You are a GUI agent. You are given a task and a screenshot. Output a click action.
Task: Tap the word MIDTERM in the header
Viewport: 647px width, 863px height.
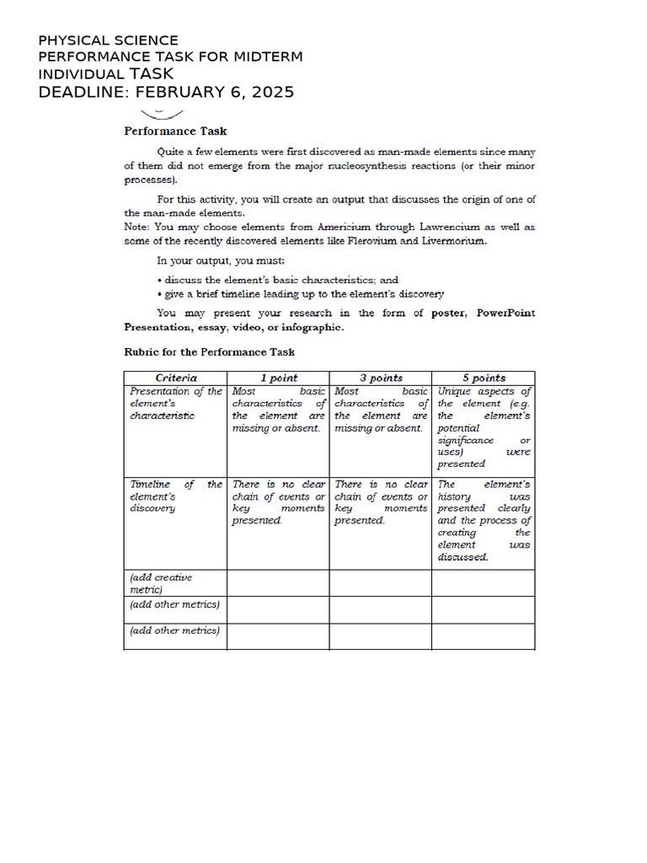pos(267,56)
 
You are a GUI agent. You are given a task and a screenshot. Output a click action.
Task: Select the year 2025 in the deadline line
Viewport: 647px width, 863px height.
pos(270,92)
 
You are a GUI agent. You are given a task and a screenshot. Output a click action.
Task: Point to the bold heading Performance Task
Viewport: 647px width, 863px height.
pos(175,131)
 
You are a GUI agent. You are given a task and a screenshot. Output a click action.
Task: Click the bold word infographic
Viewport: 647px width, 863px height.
pos(312,327)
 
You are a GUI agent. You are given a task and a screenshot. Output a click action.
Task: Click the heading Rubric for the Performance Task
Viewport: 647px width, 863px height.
pos(209,352)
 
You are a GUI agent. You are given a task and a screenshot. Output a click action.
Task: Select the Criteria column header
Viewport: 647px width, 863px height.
pos(176,378)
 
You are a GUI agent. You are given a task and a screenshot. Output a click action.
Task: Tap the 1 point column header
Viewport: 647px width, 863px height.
pos(278,378)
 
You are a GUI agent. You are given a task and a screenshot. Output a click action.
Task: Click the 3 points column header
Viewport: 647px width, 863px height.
pos(380,378)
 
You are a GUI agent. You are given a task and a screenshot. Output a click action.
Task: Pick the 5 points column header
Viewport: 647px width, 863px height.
pos(484,378)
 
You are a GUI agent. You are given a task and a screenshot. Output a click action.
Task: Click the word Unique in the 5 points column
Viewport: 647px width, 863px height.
pos(456,391)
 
